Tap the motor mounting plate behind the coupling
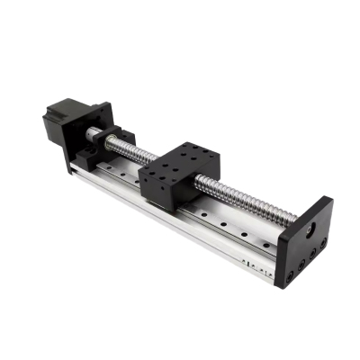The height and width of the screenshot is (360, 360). (x=97, y=126)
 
